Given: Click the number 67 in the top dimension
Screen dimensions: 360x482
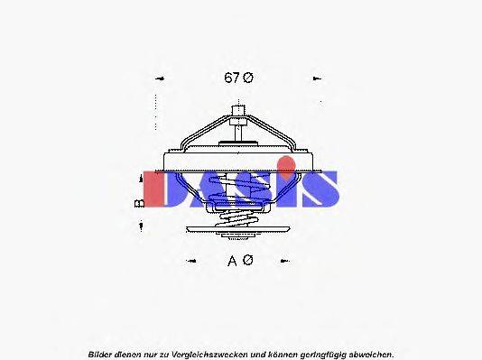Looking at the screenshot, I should (231, 78).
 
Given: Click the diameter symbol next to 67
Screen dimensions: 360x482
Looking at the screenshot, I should (248, 78).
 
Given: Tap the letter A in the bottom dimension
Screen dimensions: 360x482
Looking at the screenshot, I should (233, 261).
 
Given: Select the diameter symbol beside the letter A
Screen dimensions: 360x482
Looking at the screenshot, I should (248, 261).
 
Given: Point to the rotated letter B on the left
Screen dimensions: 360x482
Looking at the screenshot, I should (140, 204).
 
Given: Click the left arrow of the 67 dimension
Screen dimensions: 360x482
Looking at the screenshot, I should (160, 78).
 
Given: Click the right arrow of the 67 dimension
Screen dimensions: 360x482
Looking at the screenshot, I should (317, 78).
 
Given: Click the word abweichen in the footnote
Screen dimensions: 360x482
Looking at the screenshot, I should (369, 353).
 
